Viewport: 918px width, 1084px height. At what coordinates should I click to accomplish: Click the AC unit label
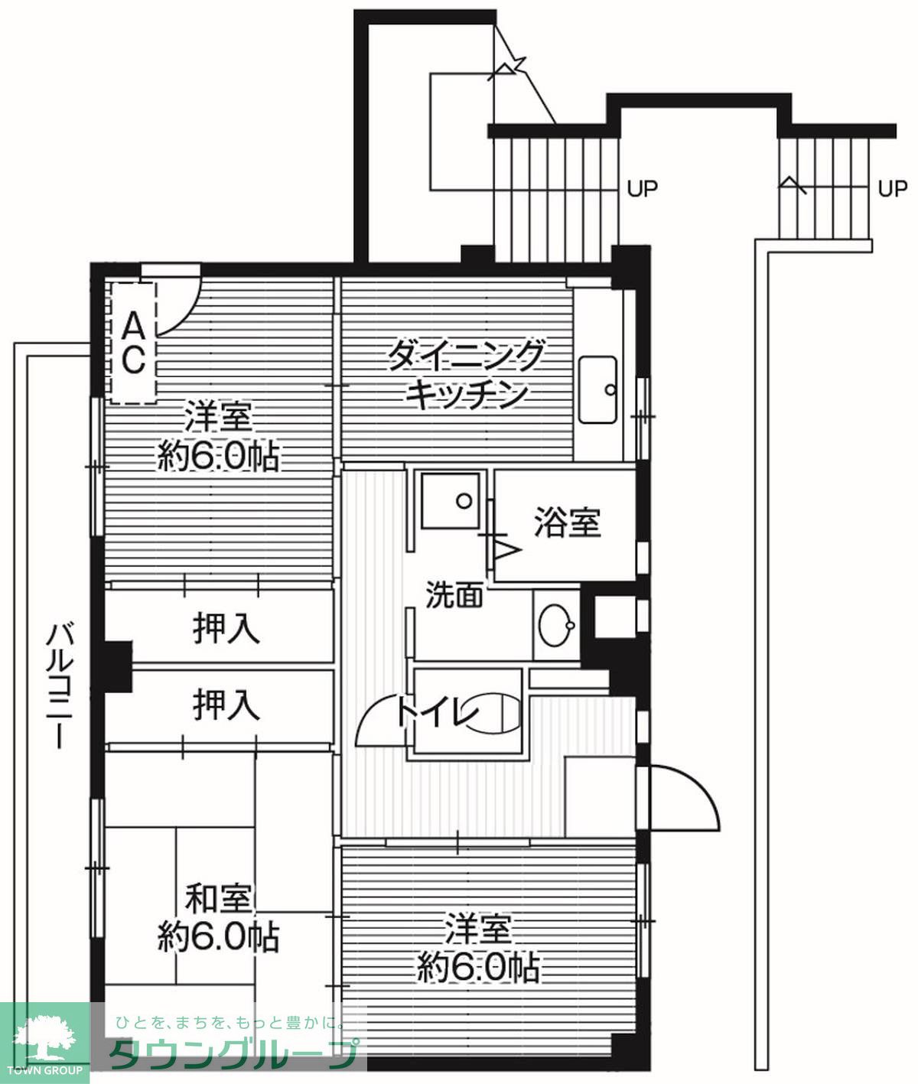tap(133, 342)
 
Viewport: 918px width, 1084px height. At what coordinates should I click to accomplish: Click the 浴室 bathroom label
tap(567, 522)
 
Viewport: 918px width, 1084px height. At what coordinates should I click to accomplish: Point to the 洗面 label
tap(454, 594)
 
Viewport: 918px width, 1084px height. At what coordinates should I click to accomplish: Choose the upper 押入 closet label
tap(226, 629)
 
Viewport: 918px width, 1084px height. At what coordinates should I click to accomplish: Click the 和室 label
tap(219, 898)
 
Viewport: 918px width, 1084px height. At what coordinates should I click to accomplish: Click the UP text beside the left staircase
tap(642, 187)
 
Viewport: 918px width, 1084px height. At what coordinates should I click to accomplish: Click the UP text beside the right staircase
tap(891, 187)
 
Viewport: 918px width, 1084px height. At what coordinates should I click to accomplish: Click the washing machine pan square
tap(451, 500)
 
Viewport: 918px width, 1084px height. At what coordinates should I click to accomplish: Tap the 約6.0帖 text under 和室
tap(219, 936)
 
